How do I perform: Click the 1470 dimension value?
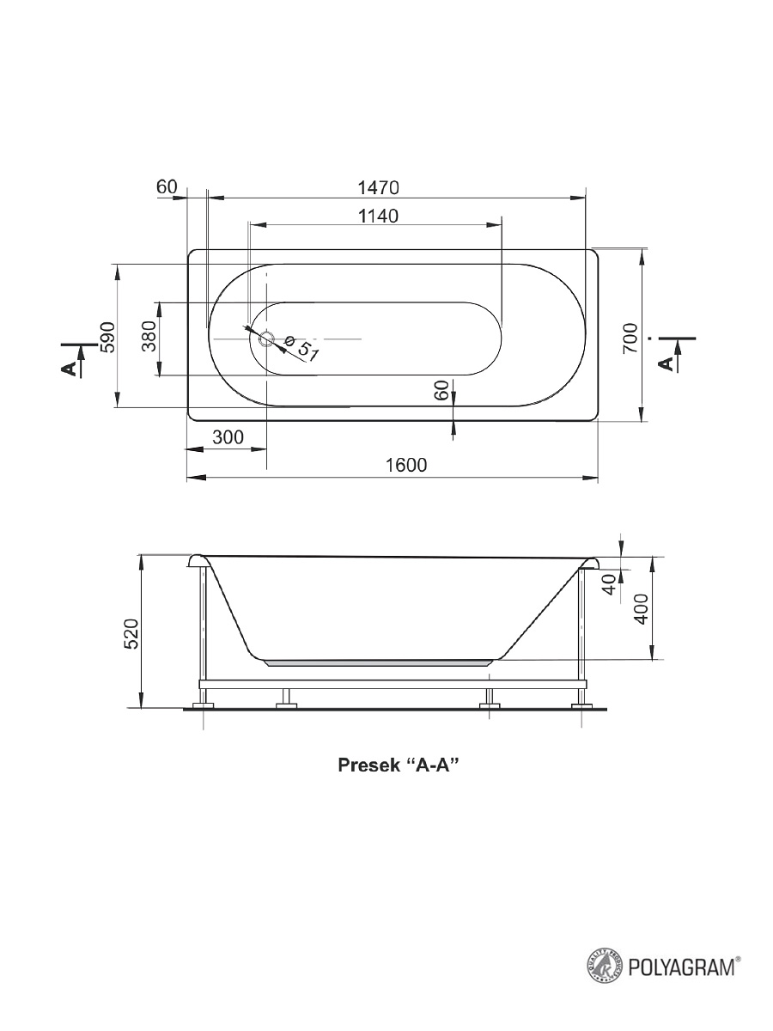378,188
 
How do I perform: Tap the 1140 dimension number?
378,216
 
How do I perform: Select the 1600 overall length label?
406,465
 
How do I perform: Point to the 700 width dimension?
630,339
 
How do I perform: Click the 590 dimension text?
107,337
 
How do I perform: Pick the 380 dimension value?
149,336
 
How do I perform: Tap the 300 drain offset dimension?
228,437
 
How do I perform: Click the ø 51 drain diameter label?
301,349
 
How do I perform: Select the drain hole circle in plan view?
267,339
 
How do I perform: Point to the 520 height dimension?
131,634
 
